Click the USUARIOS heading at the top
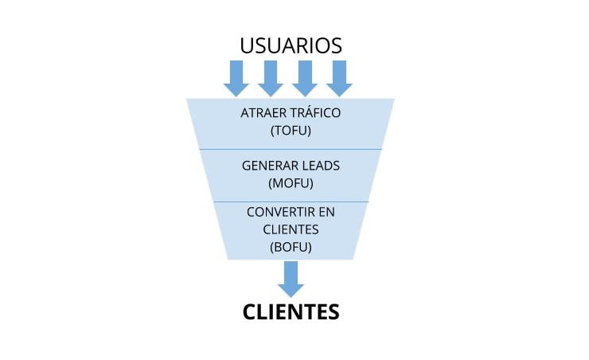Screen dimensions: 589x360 pos(291,45)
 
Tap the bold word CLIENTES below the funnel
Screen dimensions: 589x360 pos(291,312)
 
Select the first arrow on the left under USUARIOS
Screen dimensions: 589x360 pos(236,78)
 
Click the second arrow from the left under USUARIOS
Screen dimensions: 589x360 pos(271,78)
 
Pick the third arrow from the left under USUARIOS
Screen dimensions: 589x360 pos(305,78)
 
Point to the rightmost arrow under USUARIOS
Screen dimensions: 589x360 pos(339,78)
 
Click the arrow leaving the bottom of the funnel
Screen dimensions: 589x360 pos(291,280)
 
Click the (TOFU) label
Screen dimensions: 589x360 pos(291,131)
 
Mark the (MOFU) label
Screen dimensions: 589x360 pos(291,183)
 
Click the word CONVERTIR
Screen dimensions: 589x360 pos(280,212)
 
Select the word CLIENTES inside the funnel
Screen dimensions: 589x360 pos(291,229)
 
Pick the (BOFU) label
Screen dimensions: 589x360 pos(291,247)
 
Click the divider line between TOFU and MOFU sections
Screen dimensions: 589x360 pos(291,149)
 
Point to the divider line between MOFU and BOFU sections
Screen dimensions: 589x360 pos(291,202)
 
